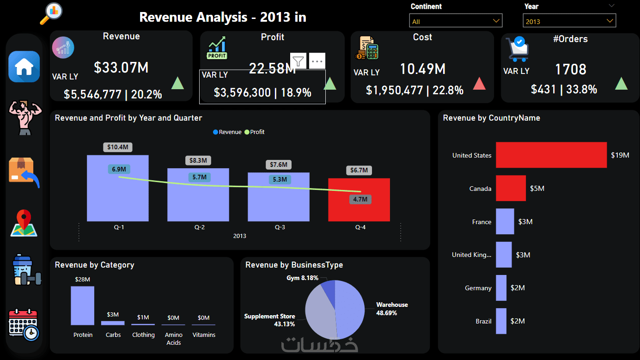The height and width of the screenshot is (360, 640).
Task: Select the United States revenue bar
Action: coord(551,155)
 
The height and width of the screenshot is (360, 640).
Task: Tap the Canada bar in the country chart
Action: coord(511,188)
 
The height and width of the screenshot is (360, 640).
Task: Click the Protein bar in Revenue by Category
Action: coord(83,305)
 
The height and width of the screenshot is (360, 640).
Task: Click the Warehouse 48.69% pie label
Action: coord(392,309)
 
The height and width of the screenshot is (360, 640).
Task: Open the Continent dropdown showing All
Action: coord(456,21)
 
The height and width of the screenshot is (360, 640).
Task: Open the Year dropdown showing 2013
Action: coord(569,21)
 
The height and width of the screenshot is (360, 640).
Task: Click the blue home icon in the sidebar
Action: coord(24,67)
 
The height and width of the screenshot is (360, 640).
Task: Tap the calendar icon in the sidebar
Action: coord(24,324)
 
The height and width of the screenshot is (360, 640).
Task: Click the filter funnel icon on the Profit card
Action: coord(299,61)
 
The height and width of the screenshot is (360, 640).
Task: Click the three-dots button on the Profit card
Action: coord(317,61)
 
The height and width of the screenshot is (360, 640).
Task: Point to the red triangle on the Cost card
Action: coord(480,84)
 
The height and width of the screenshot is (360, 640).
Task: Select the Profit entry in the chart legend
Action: coord(255,132)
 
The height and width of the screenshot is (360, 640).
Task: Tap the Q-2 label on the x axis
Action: coord(199,227)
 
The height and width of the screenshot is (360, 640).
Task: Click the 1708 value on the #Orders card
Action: coord(571,70)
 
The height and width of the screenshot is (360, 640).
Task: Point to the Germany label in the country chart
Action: coord(478,288)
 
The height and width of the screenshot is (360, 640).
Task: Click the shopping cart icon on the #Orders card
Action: coord(517,49)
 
